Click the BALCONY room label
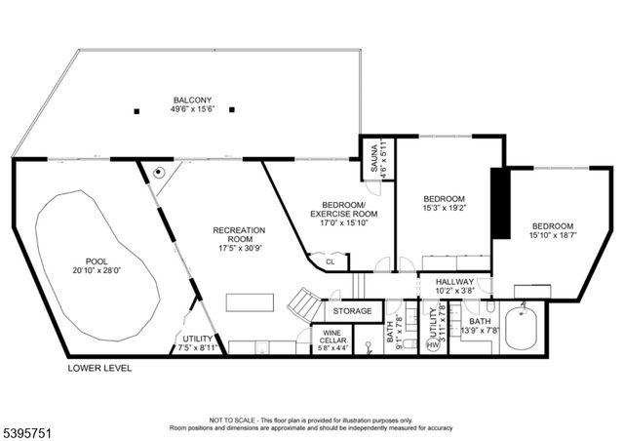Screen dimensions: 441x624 (x=193, y=99)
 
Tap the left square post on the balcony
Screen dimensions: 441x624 (x=137, y=109)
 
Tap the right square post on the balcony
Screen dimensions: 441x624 (x=232, y=109)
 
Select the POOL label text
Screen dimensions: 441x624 (x=97, y=261)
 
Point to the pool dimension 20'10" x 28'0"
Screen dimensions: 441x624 (x=97, y=271)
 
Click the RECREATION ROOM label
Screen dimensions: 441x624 (x=239, y=235)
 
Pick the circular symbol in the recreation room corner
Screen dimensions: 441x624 (x=158, y=171)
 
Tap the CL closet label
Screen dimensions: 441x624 (x=330, y=261)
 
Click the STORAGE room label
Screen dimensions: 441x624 (x=352, y=311)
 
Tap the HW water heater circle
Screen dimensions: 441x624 (x=433, y=345)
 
